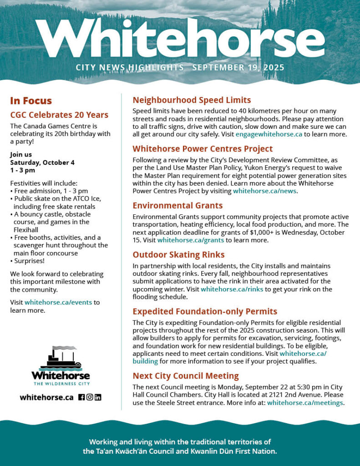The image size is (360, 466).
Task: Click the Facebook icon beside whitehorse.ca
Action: [81, 397]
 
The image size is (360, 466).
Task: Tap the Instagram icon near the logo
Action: [90, 397]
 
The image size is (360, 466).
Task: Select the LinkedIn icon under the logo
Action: [98, 397]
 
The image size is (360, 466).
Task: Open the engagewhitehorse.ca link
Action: [269, 134]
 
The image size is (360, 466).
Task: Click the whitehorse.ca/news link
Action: [264, 191]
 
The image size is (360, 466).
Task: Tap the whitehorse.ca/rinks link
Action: [232, 289]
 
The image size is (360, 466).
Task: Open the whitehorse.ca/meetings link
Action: [305, 402]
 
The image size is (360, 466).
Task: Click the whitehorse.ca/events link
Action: [59, 302]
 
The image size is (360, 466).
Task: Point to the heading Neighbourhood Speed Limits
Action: [192, 100]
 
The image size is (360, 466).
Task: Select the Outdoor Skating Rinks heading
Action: [178, 255]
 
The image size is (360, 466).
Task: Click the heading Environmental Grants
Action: [177, 206]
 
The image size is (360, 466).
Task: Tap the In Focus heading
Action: [31, 101]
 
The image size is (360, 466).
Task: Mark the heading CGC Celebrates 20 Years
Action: [59, 115]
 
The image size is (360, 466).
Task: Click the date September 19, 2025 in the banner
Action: [238, 68]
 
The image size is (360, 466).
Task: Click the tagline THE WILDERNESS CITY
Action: [61, 384]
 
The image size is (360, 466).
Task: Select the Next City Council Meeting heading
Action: [186, 376]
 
